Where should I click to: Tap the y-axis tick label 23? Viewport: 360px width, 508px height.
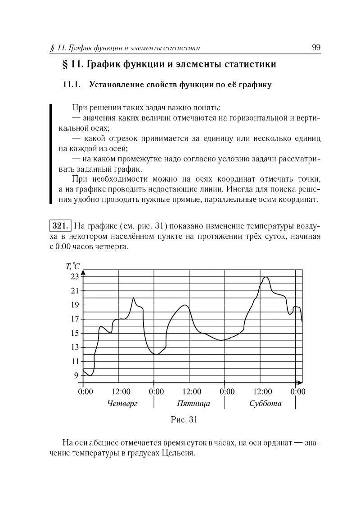pyautogui.click(x=74, y=276)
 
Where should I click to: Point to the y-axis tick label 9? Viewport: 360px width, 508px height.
pyautogui.click(x=76, y=375)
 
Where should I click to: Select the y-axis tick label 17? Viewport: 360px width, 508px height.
pyautogui.click(x=74, y=319)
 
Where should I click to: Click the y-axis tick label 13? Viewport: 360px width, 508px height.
pyautogui.click(x=74, y=347)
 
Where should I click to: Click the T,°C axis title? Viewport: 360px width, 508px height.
pyautogui.click(x=73, y=266)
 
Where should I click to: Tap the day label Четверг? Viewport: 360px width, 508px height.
pyautogui.click(x=122, y=403)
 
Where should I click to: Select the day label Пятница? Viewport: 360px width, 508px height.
pyautogui.click(x=193, y=403)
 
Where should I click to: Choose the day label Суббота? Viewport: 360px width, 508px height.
pyautogui.click(x=265, y=403)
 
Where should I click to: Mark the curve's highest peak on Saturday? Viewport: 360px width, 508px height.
pyautogui.click(x=266, y=277)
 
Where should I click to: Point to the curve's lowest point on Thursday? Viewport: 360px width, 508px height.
pyautogui.click(x=91, y=375)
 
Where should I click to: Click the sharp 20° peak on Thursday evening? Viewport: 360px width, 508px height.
pyautogui.click(x=134, y=298)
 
